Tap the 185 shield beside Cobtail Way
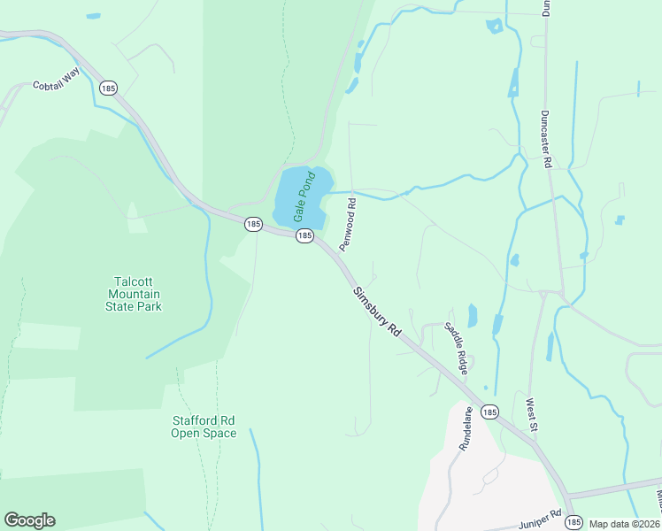click(x=108, y=88)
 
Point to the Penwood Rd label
click(x=349, y=217)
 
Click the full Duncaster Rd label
click(x=546, y=140)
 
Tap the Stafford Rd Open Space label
click(x=204, y=427)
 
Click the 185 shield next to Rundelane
click(x=490, y=412)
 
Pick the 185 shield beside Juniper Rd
click(x=573, y=522)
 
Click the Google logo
click(x=29, y=520)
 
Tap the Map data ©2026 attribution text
click(x=624, y=524)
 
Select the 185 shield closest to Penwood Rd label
click(x=304, y=235)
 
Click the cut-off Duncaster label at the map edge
click(x=546, y=9)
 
